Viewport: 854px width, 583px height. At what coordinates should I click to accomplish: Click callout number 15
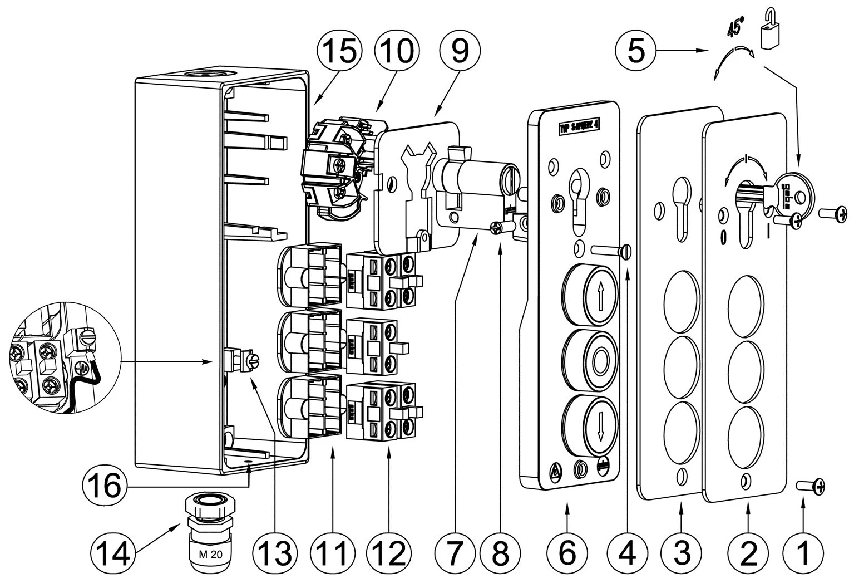[x=339, y=51]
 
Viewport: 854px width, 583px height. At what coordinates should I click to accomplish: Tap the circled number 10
[x=396, y=51]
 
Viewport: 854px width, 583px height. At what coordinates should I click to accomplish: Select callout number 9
[x=460, y=51]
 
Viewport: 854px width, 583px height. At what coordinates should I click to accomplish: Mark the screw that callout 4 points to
[x=612, y=250]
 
